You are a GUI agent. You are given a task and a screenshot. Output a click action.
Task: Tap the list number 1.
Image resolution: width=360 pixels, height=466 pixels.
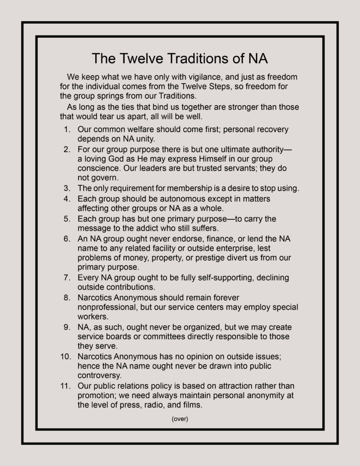pyautogui.click(x=66, y=129)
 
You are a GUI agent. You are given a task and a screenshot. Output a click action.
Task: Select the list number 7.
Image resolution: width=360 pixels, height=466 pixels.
pyautogui.click(x=66, y=278)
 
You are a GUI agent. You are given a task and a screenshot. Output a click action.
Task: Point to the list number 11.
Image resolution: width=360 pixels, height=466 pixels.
pyautogui.click(x=65, y=386)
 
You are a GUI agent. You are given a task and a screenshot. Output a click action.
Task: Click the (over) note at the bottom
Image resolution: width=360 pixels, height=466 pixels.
pyautogui.click(x=180, y=419)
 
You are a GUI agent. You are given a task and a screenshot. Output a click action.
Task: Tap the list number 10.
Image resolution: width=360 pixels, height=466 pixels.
pyautogui.click(x=65, y=356)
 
